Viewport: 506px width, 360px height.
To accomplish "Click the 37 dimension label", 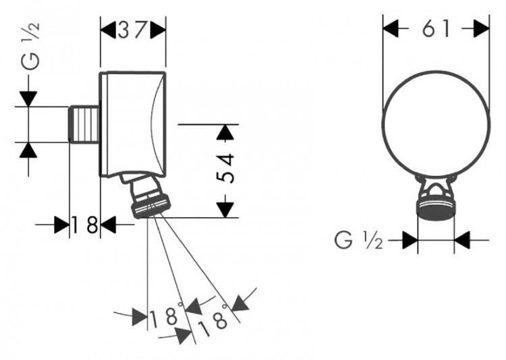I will click(x=133, y=30).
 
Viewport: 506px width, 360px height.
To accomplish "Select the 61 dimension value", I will click(x=436, y=29).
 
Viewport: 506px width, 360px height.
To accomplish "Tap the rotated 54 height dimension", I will click(x=227, y=170).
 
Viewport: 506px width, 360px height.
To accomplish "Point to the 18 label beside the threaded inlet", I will click(x=85, y=225).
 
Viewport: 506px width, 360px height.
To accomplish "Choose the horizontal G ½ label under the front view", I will click(x=358, y=239).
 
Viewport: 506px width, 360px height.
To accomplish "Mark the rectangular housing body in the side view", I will click(x=132, y=123).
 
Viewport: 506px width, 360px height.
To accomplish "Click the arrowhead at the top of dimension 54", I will click(x=228, y=132).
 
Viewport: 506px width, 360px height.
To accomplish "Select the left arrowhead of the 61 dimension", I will click(x=391, y=28).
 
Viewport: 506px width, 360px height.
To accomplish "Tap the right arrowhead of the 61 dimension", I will click(x=480, y=28).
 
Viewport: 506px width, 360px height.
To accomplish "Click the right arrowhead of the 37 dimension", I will click(x=158, y=30).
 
